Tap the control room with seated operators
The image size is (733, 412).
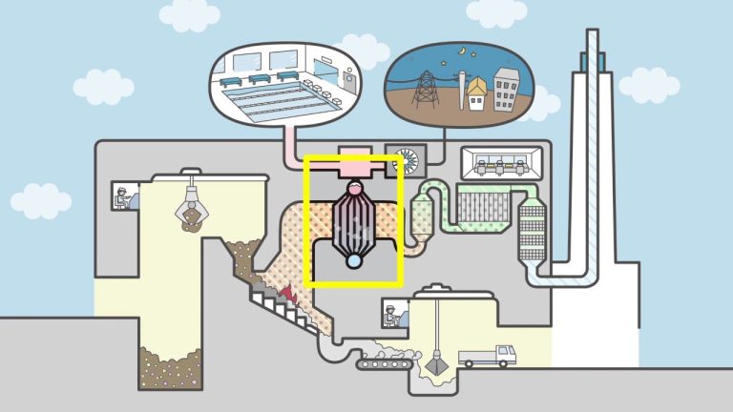click(x=503, y=163)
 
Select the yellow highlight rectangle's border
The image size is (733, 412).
click(x=305, y=219)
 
